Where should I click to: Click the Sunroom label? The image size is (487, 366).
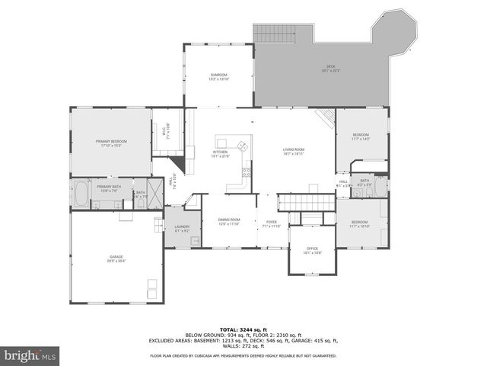[218, 76]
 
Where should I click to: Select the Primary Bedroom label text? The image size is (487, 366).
[111, 143]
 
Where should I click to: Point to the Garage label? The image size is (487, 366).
[116, 258]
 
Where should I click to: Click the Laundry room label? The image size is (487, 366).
[182, 228]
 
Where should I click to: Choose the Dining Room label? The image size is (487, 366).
[229, 221]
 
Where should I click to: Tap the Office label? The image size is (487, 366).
[312, 250]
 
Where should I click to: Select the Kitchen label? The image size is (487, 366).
[220, 153]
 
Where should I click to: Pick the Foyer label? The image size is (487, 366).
[272, 224]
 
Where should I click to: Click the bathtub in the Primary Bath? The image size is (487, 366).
[81, 194]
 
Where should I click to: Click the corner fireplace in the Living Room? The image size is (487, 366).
[326, 117]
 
